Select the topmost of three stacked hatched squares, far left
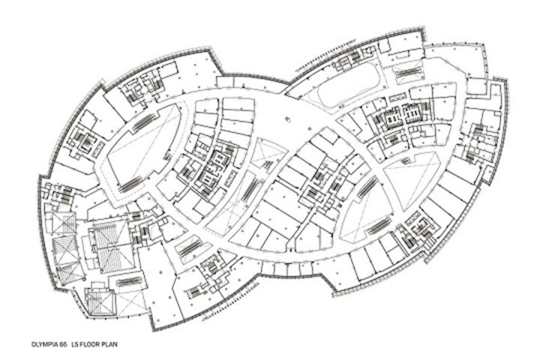[x=64, y=223]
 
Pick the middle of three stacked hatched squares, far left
[x=64, y=247]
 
